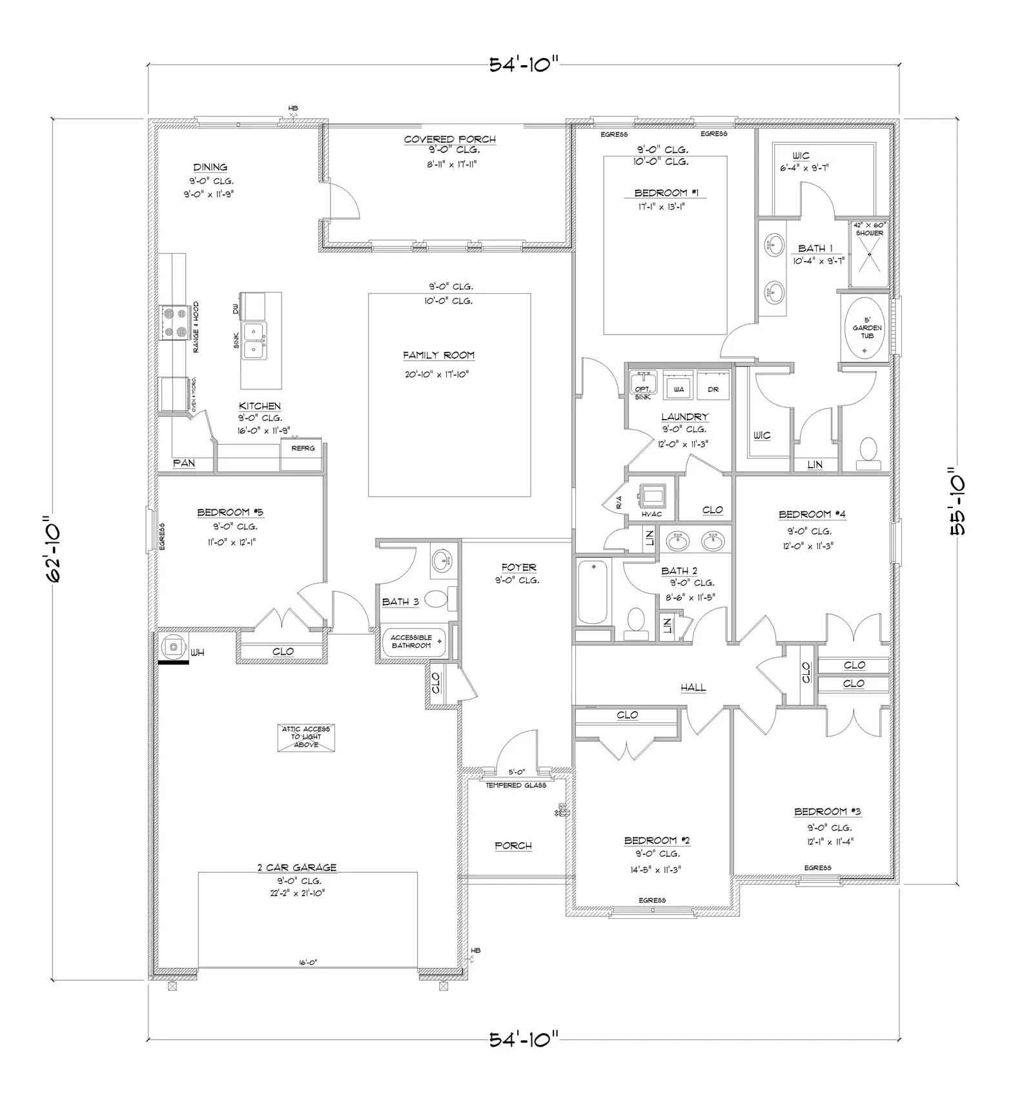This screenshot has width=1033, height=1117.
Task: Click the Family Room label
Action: (438, 355)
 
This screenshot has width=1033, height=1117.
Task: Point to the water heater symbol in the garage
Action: (172, 646)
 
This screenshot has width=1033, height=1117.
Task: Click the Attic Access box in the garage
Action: (306, 737)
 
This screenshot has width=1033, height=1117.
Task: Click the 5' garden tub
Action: (866, 328)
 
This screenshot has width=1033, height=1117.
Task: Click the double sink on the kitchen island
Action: (253, 340)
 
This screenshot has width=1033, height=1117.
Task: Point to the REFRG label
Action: (303, 448)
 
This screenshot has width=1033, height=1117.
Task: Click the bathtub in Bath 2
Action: (593, 592)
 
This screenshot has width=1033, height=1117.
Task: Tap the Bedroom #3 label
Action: (828, 812)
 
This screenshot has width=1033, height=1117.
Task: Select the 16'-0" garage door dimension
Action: (307, 962)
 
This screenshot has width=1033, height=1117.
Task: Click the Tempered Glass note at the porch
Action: (516, 785)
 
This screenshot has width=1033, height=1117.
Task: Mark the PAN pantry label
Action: (184, 463)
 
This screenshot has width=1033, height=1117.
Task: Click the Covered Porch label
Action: (450, 139)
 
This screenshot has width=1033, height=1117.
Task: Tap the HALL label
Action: (693, 688)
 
